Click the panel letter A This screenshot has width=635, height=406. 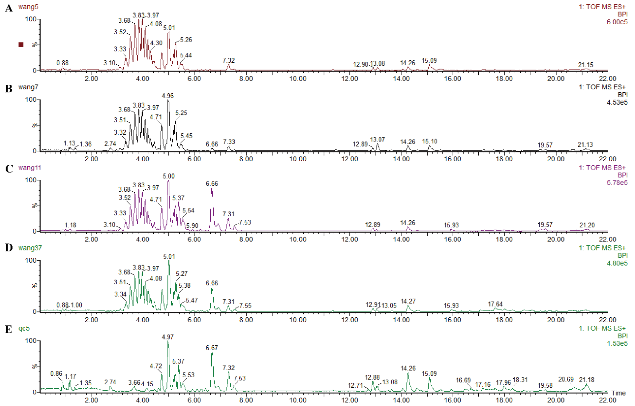coord(9,8)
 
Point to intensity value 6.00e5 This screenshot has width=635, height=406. coord(617,22)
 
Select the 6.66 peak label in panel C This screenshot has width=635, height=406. coord(212,184)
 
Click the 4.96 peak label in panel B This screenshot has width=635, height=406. coord(168,96)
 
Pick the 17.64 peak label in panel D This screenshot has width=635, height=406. coord(495,304)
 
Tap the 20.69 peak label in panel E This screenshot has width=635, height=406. coord(566,379)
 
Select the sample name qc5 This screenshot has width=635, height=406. coord(24,328)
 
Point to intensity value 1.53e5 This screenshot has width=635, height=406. coord(617,344)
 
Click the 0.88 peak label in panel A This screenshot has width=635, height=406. coord(62,63)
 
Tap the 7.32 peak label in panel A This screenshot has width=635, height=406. coord(228,60)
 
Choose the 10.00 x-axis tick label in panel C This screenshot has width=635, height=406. coord(298,239)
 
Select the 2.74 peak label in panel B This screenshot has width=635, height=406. coord(110,144)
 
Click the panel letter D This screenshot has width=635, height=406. coord(9,248)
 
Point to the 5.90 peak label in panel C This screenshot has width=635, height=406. coord(192,225)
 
